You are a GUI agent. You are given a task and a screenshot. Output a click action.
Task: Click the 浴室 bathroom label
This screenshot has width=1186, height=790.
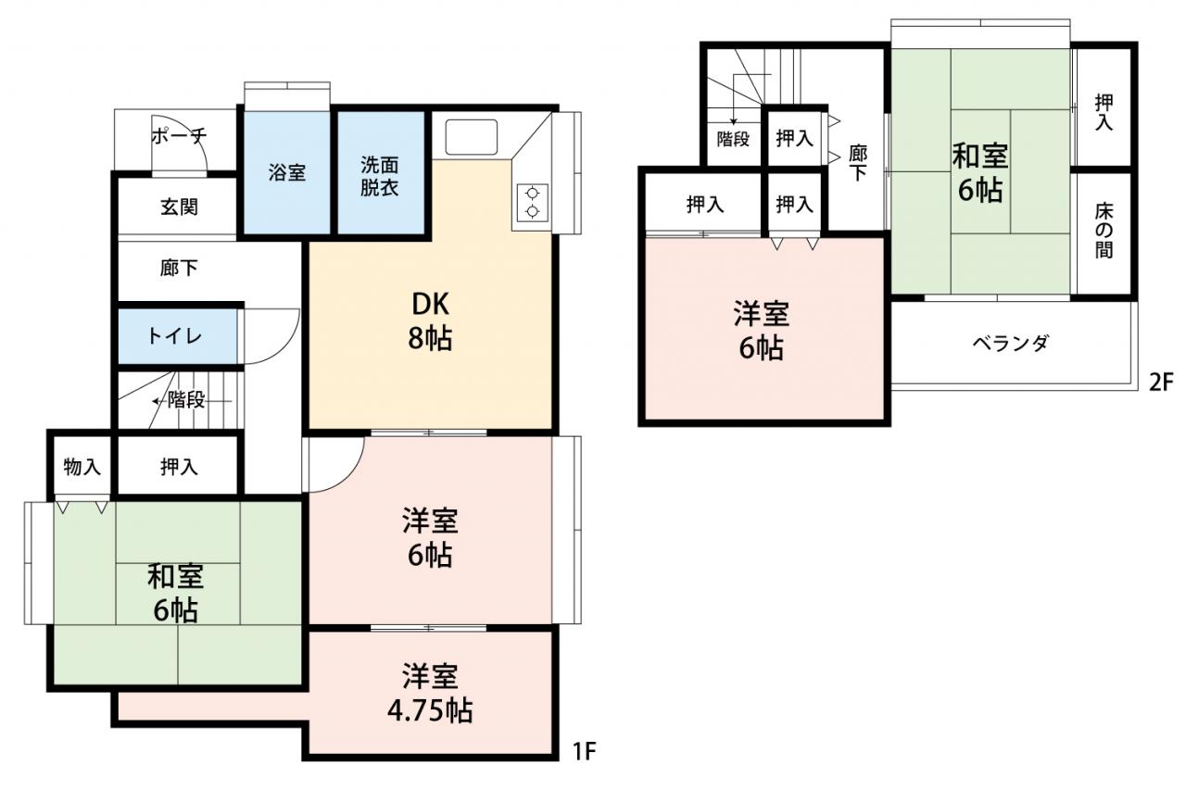[286, 173]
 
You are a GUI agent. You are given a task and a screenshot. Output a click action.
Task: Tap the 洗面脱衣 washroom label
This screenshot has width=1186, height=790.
[380, 177]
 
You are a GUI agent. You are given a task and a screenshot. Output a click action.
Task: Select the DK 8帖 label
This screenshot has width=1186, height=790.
[430, 321]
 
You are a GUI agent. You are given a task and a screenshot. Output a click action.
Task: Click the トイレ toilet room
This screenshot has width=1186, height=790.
[177, 336]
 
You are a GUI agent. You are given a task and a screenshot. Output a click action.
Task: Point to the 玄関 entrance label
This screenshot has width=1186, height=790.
[180, 207]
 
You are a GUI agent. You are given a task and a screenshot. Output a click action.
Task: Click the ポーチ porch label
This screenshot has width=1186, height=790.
[179, 136]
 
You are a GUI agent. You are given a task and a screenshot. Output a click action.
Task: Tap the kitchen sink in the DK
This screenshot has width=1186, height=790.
[472, 137]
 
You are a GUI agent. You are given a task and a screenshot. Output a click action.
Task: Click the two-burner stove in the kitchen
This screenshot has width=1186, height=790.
[532, 203]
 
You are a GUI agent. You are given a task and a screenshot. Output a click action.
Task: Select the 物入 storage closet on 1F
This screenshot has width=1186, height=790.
[82, 467]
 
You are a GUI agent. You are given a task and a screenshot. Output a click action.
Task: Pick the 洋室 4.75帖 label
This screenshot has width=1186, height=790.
[430, 693]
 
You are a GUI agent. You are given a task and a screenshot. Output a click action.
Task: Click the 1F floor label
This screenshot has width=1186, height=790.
[585, 751]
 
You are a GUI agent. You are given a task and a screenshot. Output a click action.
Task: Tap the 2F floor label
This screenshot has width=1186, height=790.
[1161, 382]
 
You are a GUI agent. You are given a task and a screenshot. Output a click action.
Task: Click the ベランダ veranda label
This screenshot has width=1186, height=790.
[1010, 344]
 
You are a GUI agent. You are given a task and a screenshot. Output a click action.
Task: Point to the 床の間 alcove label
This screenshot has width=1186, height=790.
[1104, 232]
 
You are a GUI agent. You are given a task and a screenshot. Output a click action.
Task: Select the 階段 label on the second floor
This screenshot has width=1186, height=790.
[733, 139]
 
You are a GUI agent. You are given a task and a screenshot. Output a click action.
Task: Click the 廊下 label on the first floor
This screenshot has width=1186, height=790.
[179, 269]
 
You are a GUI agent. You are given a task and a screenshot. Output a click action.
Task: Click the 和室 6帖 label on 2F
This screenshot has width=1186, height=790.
[980, 173]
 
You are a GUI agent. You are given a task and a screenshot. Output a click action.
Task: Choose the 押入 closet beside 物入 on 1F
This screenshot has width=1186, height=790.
[179, 467]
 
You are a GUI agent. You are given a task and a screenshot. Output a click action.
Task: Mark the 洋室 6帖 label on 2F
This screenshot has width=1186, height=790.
[762, 331]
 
